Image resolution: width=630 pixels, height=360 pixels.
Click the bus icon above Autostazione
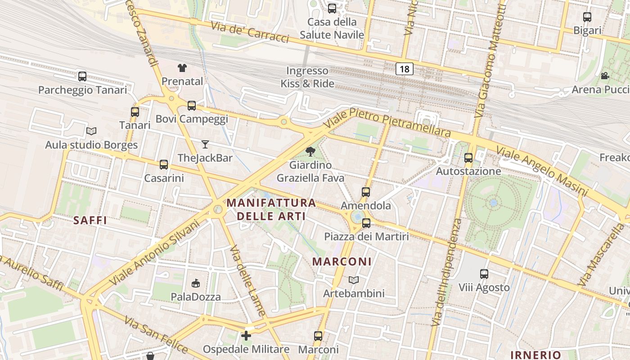(x=468, y=158)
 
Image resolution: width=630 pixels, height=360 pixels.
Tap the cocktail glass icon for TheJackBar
(x=205, y=144)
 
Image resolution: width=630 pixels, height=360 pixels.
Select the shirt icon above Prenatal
(x=182, y=68)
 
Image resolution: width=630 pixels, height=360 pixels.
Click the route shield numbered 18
(x=405, y=69)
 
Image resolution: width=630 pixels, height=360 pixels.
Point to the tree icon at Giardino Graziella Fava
(x=310, y=152)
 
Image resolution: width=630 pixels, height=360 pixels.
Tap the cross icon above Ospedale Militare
(x=246, y=336)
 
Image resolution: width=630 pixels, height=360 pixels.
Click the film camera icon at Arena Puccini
(x=605, y=76)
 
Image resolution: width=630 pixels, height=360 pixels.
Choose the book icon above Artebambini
(x=354, y=280)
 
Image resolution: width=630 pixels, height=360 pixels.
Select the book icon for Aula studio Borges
(x=91, y=131)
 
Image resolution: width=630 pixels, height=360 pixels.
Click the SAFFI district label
(x=90, y=220)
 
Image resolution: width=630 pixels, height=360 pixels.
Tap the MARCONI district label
(x=342, y=261)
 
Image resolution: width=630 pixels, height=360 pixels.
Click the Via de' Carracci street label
(x=250, y=31)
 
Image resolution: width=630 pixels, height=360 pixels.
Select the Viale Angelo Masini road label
(x=542, y=171)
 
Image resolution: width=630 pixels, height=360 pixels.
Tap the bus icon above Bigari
(x=587, y=17)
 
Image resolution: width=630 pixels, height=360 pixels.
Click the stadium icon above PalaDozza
(x=196, y=283)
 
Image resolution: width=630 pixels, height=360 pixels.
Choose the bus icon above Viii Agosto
(x=484, y=274)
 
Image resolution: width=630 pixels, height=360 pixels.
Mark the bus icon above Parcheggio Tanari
(x=82, y=76)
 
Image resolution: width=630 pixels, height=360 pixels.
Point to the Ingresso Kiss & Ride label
(x=308, y=77)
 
